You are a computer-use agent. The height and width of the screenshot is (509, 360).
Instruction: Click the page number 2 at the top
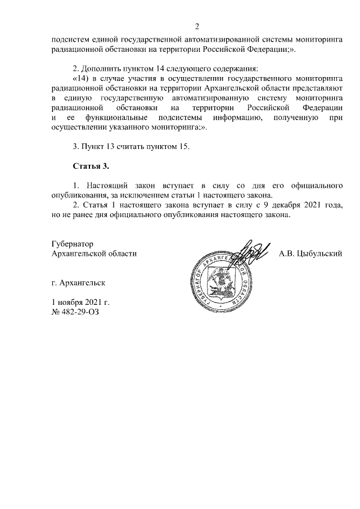click(x=197, y=26)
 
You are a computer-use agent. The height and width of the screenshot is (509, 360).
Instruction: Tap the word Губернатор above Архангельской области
click(x=71, y=244)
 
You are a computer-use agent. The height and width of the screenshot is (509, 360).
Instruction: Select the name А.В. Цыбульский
click(x=310, y=254)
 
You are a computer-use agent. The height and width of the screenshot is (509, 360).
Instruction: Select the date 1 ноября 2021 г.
click(x=80, y=302)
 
